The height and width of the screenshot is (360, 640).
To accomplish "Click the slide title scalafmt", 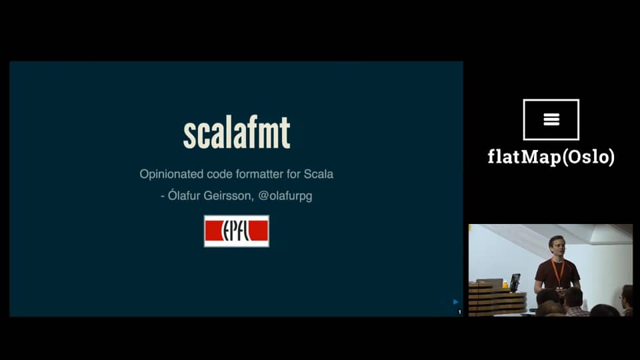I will click(237, 133).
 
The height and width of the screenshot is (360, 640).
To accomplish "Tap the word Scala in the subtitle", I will click(319, 174).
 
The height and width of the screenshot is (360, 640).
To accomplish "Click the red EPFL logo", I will click(237, 231).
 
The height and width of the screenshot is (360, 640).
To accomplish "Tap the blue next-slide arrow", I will click(456, 302).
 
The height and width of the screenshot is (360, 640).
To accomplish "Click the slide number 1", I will click(459, 311).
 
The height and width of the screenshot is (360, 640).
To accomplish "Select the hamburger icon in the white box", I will click(551, 119).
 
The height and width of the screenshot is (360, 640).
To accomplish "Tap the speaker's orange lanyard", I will click(558, 271).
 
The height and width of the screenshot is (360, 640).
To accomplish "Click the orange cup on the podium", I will click(506, 284).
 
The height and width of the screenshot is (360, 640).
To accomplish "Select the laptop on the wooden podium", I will click(490, 283).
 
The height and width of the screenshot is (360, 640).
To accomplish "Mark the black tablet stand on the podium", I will click(515, 282).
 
